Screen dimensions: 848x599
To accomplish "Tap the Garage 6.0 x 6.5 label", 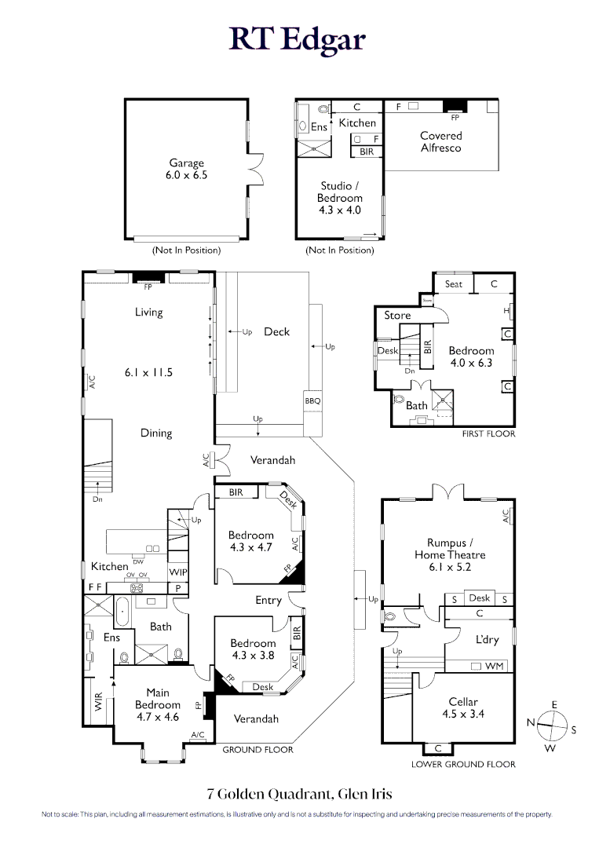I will click(186, 170).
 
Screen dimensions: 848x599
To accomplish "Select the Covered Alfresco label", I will click(440, 142).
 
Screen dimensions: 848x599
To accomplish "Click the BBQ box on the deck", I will click(312, 401).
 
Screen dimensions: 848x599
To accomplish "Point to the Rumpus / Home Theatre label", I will click(456, 548).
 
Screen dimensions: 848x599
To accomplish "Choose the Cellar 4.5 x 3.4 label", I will click(463, 707).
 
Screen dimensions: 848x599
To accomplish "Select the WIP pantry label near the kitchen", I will click(178, 572).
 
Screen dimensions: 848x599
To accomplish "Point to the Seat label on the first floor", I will click(453, 284).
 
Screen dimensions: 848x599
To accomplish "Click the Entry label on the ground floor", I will click(268, 601).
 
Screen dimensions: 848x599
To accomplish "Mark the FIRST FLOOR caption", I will click(489, 433).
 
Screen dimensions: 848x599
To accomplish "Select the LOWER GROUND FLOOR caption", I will click(463, 764).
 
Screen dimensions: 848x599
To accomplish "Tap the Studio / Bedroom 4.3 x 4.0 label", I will click(338, 198).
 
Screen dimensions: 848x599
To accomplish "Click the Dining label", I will click(156, 433).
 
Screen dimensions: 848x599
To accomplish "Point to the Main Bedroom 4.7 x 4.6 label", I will click(158, 704).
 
